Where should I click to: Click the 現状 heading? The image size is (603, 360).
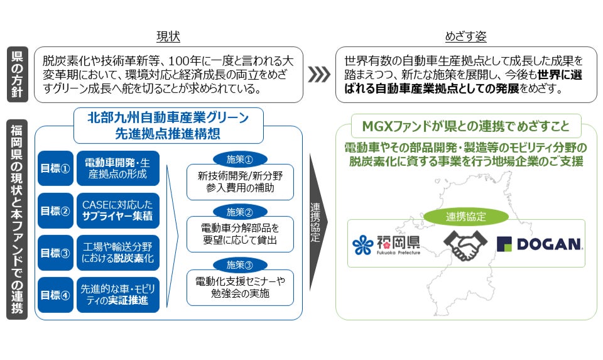(168, 37)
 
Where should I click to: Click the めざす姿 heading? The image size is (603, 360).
(465, 37)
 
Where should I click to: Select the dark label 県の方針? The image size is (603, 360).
(17, 75)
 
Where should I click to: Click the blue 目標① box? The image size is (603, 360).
(55, 168)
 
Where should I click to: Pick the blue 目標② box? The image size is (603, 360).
(55, 210)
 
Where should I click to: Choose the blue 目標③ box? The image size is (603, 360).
(55, 253)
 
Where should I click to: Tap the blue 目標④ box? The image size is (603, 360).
(55, 295)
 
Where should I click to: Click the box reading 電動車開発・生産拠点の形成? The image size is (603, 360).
(118, 168)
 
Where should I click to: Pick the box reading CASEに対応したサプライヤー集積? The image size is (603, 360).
(118, 210)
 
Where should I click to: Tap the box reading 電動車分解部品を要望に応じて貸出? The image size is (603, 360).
(240, 233)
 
